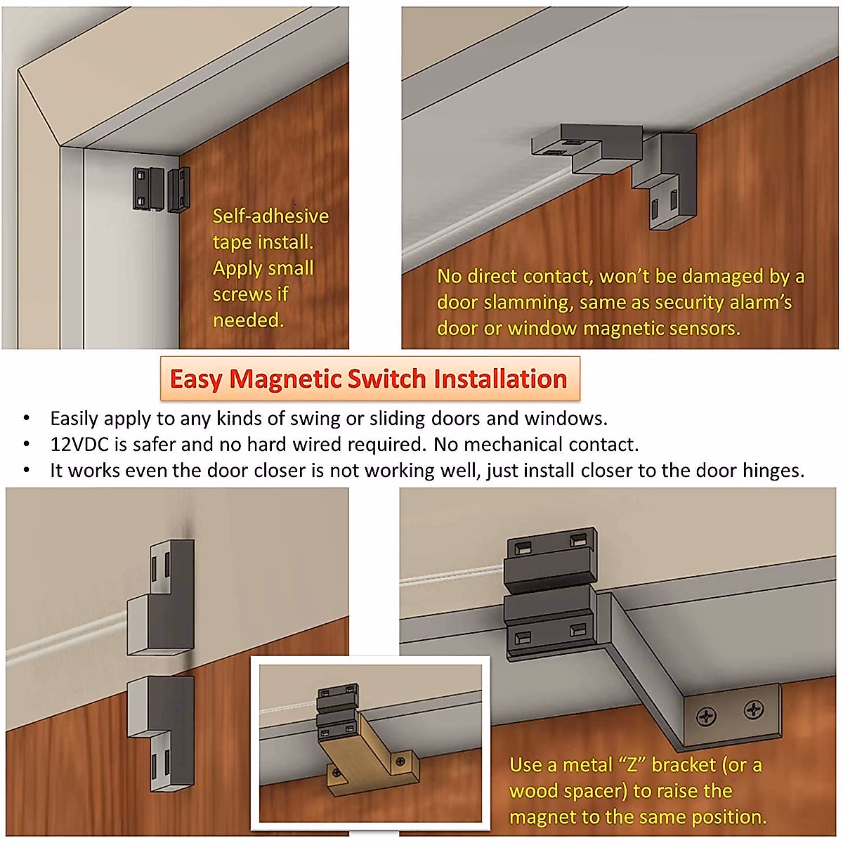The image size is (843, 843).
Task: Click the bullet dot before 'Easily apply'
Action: pos(27,419)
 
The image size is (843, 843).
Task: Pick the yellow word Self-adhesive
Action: pos(270,216)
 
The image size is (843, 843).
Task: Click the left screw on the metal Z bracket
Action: pos(706,716)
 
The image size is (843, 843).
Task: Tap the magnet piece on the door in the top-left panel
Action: pos(179,188)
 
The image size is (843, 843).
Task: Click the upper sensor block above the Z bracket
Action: pos(551,555)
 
